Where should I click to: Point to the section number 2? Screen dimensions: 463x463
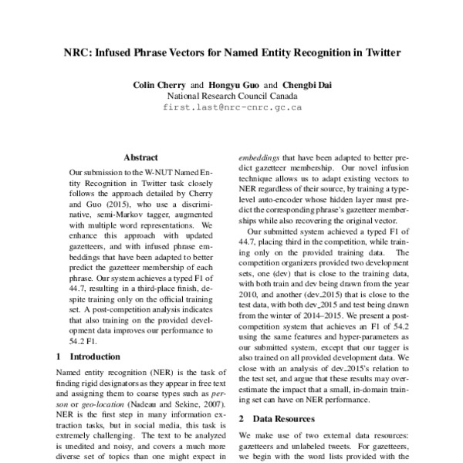click(241, 417)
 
